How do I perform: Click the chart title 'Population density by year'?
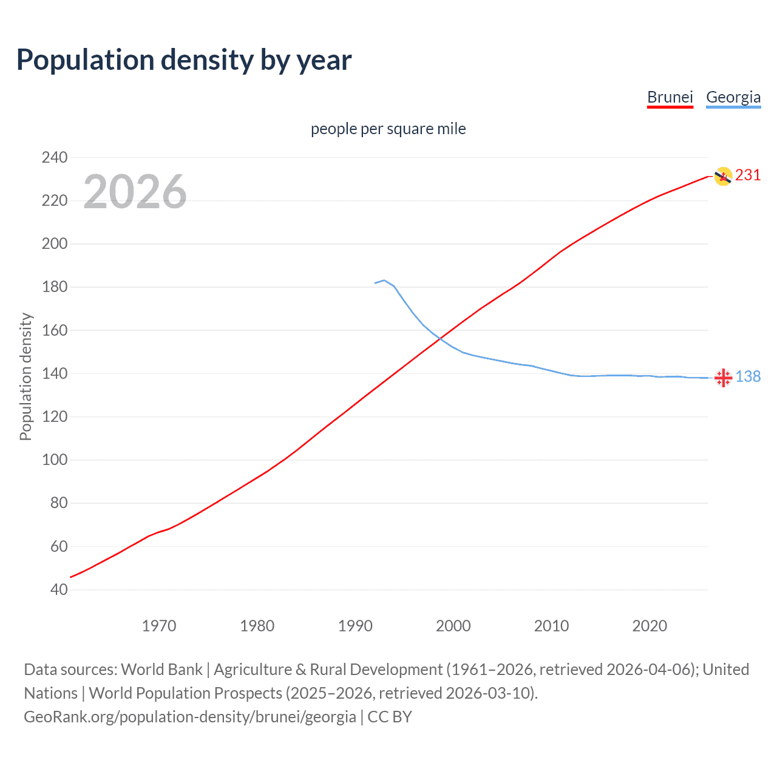click(184, 60)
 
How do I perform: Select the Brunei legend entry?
click(670, 97)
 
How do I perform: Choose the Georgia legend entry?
click(733, 97)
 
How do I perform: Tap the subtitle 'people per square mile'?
click(388, 129)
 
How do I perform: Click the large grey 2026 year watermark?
click(135, 192)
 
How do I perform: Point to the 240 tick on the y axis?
click(55, 158)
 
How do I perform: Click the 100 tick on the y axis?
click(55, 460)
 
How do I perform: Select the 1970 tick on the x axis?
click(159, 626)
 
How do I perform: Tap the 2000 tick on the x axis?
click(453, 626)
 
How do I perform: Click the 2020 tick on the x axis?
click(650, 626)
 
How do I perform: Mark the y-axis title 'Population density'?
click(25, 376)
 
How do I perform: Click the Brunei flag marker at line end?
click(722, 177)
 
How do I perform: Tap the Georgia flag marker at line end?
click(722, 378)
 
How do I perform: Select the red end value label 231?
click(748, 175)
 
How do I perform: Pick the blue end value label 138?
click(748, 377)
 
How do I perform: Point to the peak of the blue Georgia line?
click(384, 280)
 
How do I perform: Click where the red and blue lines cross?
click(440, 338)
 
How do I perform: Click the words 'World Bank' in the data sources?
click(161, 670)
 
